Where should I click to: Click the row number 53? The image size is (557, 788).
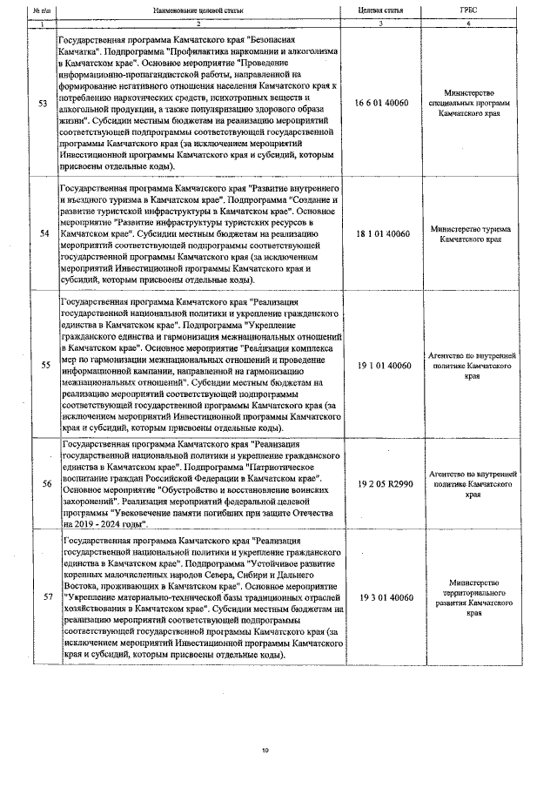(44, 104)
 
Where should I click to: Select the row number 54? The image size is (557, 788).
(44, 233)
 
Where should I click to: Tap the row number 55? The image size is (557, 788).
(44, 366)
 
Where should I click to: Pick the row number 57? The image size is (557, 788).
(44, 596)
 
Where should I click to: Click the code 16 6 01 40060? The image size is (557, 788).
(382, 103)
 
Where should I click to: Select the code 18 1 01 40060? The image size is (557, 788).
(382, 233)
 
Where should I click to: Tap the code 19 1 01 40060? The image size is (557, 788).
(382, 366)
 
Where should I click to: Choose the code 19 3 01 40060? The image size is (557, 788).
(382, 596)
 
